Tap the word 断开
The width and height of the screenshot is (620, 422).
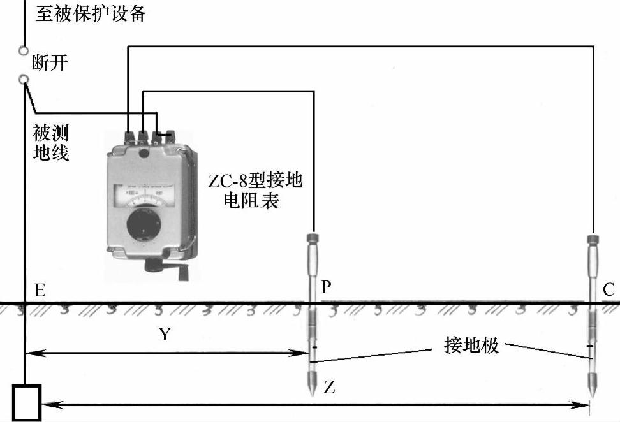coord(50,63)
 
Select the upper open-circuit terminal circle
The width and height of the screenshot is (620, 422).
coord(24,50)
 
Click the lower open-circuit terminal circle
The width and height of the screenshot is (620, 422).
coord(24,79)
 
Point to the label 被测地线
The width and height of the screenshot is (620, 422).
coord(51,143)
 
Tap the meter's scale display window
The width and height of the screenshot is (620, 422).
coord(146,194)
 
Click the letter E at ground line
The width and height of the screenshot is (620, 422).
coord(40,291)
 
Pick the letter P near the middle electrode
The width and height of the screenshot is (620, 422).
coord(326,287)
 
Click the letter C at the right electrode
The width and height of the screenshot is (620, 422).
coord(609,291)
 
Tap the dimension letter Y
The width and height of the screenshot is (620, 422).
coord(165,334)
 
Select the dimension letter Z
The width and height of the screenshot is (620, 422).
coord(329,388)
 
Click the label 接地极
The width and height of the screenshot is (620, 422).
coord(471,346)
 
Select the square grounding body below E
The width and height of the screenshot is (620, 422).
coord(27,402)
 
